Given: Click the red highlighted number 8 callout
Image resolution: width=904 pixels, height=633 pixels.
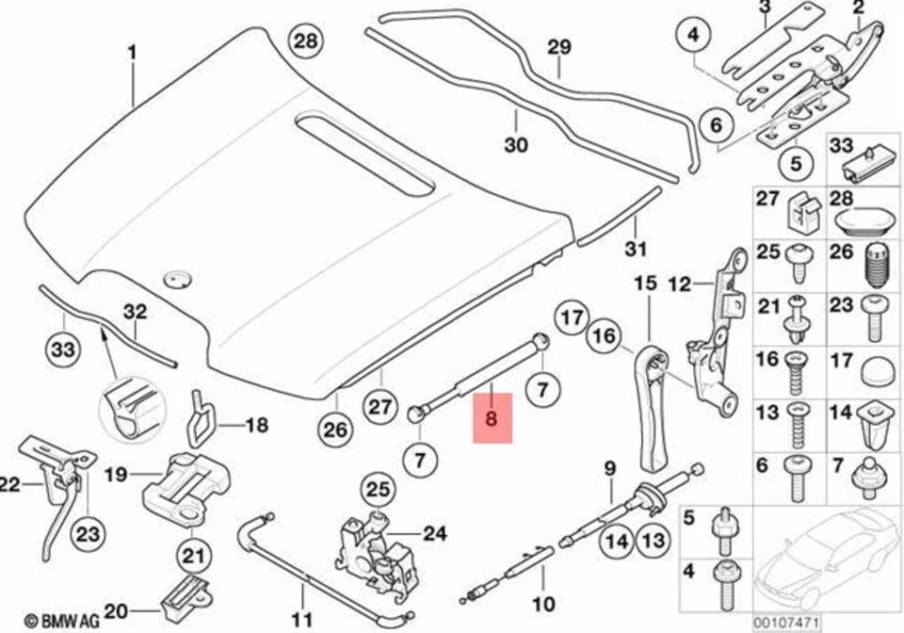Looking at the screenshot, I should click(492, 417).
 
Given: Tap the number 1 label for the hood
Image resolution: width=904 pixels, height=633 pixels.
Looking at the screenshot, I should click(132, 53).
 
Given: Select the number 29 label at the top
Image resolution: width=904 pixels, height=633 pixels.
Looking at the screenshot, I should click(559, 47).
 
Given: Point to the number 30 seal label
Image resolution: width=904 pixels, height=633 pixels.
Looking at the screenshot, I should click(516, 145).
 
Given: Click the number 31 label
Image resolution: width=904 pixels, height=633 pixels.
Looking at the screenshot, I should click(636, 250).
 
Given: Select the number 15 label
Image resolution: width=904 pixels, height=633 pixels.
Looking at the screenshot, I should click(643, 283).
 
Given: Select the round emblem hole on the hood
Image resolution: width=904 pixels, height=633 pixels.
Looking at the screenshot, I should click(175, 278).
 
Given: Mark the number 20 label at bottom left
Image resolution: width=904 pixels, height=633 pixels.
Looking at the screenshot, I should click(117, 610).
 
